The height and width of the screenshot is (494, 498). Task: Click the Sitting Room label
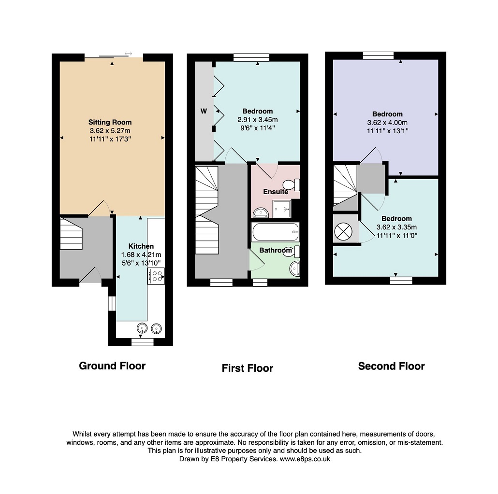point(110,122)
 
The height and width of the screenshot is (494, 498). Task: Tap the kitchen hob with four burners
point(156,276)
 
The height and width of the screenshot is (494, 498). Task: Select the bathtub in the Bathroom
point(276,232)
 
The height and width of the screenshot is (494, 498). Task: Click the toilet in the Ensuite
point(292,184)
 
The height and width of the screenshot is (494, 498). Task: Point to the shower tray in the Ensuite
point(282,209)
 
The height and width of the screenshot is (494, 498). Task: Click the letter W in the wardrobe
point(204,111)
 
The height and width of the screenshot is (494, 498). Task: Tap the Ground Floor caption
point(112,366)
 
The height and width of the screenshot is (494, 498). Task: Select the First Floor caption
point(248,368)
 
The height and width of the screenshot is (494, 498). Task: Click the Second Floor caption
point(391,366)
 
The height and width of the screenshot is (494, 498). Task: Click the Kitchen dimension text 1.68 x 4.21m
point(141,254)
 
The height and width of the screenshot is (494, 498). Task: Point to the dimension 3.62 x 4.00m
point(387,123)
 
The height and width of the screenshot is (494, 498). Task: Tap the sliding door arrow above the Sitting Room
point(128,53)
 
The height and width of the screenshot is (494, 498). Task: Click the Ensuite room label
point(276,192)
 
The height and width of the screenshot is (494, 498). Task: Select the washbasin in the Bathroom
point(295,268)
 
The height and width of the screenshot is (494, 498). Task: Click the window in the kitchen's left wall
point(112,303)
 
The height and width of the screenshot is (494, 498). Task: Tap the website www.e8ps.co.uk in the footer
point(305,459)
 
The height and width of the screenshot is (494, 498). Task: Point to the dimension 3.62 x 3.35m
point(396,227)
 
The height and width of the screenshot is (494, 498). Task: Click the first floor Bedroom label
point(258,111)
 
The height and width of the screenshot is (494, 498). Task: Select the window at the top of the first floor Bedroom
point(251,57)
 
